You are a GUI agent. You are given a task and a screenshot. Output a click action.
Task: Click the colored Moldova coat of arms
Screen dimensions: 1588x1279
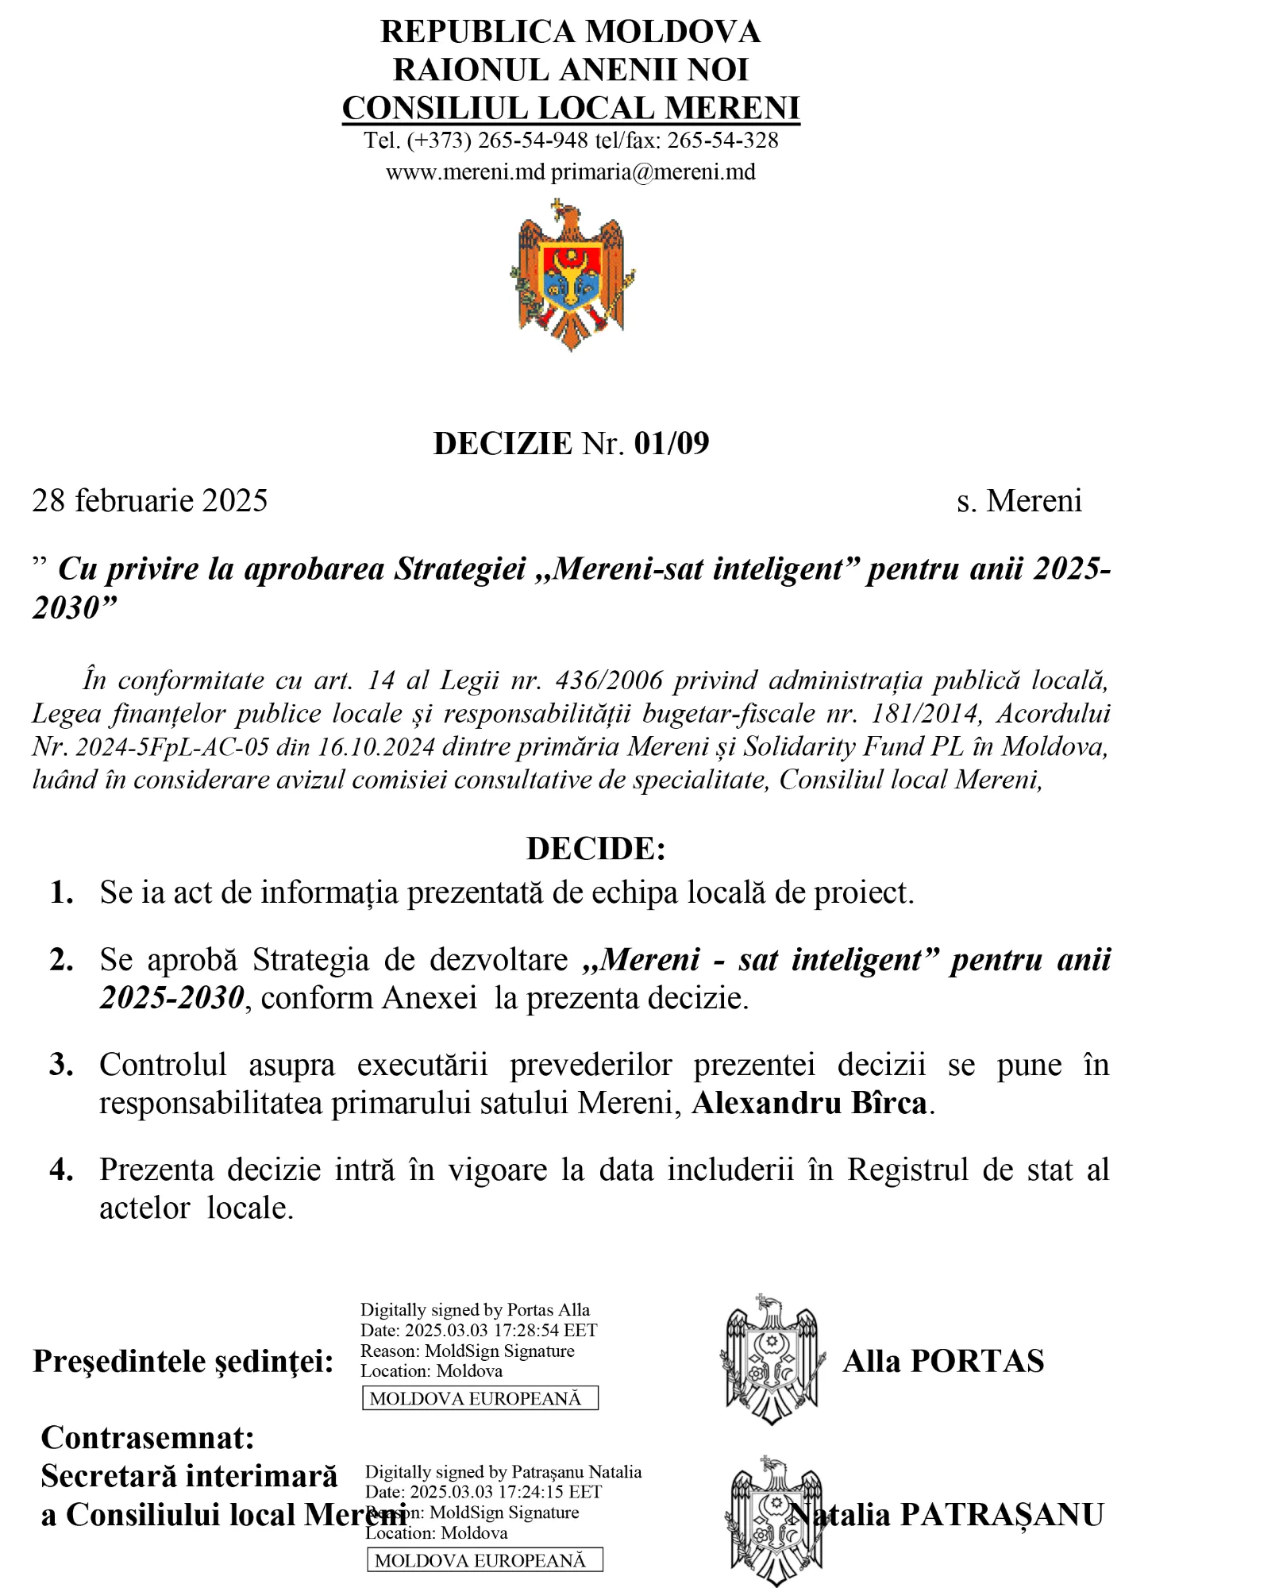point(572,275)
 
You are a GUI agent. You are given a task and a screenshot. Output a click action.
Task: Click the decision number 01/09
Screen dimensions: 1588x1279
point(671,443)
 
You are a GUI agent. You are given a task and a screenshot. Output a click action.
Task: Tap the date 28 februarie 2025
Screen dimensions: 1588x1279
point(149,501)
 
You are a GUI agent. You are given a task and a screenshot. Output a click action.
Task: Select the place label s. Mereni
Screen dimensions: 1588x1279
point(1019,501)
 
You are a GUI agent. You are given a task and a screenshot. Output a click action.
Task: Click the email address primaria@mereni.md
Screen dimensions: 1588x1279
point(653,172)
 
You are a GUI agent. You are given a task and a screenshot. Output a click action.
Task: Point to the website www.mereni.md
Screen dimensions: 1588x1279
point(465,172)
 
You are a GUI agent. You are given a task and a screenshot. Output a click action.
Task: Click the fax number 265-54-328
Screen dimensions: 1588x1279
point(722,141)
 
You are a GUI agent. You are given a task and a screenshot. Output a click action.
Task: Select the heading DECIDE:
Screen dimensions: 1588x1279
point(595,848)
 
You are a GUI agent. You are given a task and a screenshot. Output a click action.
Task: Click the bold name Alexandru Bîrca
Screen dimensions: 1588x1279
point(809,1103)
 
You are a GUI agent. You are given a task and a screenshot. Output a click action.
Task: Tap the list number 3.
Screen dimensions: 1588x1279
point(61,1065)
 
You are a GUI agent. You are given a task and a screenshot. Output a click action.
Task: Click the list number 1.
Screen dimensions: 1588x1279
point(61,892)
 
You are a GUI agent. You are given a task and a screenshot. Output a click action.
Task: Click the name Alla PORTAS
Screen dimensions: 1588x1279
point(943,1361)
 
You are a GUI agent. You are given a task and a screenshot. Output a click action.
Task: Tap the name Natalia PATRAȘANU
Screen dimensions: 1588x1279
point(953,1515)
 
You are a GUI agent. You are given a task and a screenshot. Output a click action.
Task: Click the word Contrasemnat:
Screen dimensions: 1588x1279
point(148,1438)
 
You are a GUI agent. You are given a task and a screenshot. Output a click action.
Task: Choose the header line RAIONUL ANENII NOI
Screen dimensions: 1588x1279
point(570,70)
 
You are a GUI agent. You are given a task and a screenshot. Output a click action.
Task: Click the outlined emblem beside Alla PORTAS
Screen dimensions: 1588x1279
point(771,1359)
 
